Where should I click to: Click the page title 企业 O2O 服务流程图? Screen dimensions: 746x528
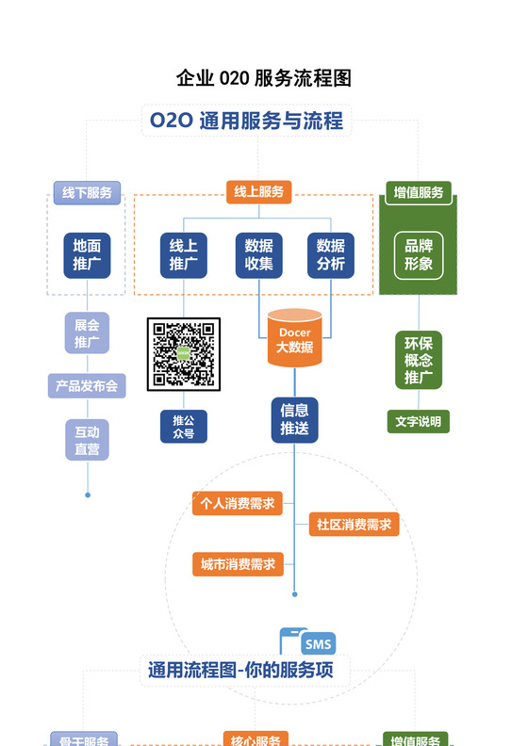(x=263, y=77)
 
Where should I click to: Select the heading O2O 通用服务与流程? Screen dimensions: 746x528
(x=245, y=121)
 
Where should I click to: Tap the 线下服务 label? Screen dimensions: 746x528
(x=87, y=192)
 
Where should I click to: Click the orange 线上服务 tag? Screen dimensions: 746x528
(x=258, y=192)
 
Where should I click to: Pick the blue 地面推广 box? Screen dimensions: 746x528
(x=87, y=255)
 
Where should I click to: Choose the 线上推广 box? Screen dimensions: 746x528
(x=184, y=255)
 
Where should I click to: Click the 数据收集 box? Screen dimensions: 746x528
(x=258, y=255)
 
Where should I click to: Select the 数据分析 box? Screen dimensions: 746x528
(x=331, y=255)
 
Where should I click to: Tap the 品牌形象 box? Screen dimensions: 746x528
(x=419, y=255)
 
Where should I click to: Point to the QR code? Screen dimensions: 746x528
(x=184, y=354)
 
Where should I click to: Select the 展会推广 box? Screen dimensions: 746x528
(x=87, y=332)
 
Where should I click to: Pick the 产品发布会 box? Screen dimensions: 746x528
(x=87, y=385)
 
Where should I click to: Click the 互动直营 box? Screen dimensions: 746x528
(x=87, y=440)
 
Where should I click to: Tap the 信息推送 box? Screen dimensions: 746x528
(x=294, y=419)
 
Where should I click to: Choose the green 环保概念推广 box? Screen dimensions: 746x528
(x=419, y=359)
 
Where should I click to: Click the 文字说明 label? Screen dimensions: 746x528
(x=419, y=421)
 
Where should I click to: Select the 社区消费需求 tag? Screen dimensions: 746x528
(x=354, y=524)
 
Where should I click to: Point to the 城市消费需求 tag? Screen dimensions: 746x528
(x=238, y=564)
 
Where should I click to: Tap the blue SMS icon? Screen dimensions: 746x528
(x=317, y=644)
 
